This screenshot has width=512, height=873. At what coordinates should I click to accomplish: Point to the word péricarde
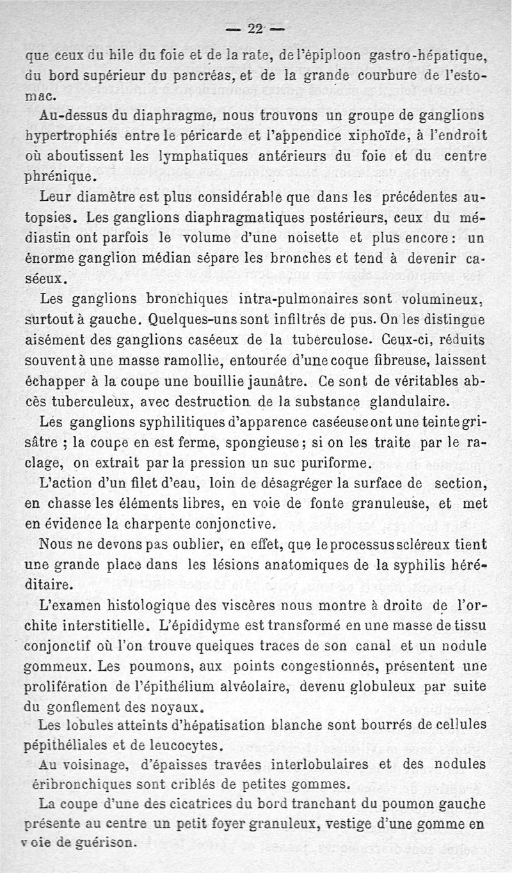click(x=212, y=136)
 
